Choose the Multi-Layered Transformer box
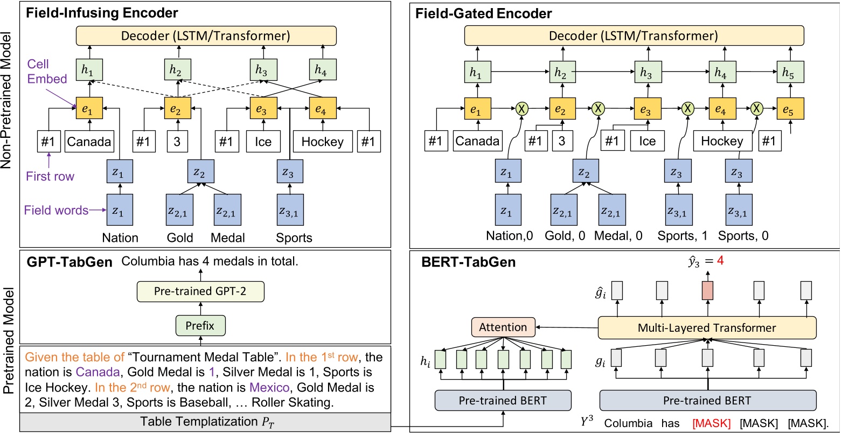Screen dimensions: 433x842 point(707,327)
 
